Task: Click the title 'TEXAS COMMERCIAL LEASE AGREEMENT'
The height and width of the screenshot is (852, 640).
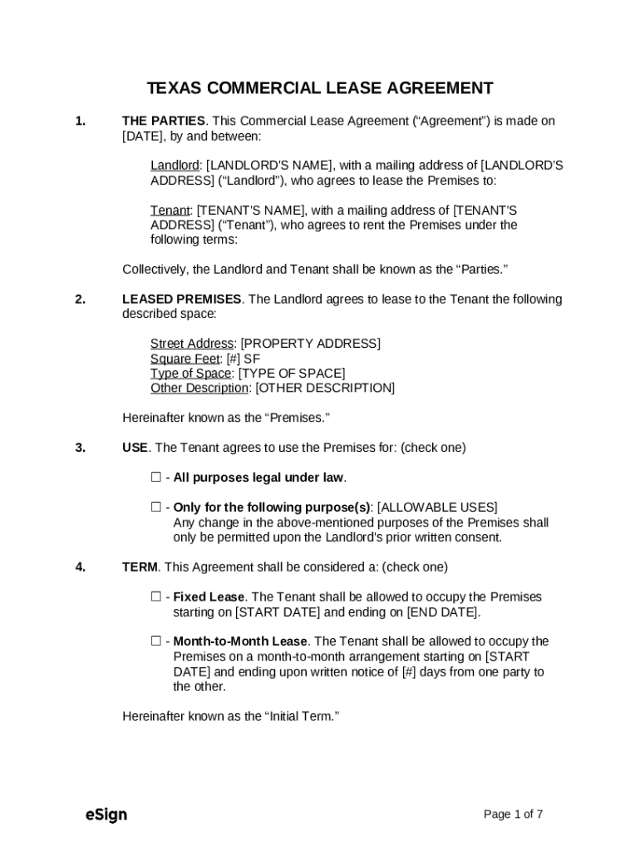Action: [320, 88]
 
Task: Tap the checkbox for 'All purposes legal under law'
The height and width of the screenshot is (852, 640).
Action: [155, 478]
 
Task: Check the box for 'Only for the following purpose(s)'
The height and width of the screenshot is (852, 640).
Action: [155, 508]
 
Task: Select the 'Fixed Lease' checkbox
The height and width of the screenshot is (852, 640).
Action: [155, 597]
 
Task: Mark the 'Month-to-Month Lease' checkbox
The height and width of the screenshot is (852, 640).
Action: [155, 641]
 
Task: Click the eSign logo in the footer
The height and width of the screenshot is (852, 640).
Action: [106, 815]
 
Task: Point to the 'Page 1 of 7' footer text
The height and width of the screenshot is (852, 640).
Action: [513, 815]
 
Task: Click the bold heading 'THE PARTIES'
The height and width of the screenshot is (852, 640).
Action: [163, 121]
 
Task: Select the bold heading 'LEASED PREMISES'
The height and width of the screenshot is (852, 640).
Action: [182, 300]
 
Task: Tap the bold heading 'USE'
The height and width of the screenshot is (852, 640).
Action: [135, 448]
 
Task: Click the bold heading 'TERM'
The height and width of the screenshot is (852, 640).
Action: [140, 567]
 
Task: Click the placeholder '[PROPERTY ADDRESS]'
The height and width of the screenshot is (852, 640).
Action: [310, 344]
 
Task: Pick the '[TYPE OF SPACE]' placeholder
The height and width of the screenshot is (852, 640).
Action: [292, 374]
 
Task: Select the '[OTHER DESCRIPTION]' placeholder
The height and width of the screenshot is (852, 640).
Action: [325, 389]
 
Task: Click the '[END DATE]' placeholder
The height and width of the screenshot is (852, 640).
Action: [442, 612]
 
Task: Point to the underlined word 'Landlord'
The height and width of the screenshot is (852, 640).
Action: [175, 166]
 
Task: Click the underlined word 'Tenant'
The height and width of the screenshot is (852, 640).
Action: [170, 211]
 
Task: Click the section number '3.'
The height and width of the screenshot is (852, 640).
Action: [81, 448]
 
